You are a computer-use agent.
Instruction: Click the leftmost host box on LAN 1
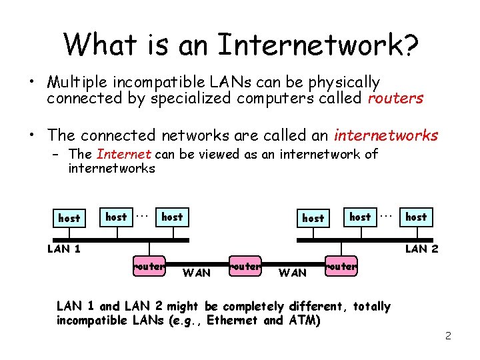tap(69, 218)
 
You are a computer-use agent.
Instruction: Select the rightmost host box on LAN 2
tap(416, 217)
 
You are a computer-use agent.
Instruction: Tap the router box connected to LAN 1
tap(149, 266)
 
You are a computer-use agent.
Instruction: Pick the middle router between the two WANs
tap(245, 266)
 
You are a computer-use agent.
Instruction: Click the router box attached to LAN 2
tap(342, 266)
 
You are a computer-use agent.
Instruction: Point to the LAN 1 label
tap(64, 249)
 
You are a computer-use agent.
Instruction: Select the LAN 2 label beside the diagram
tap(421, 249)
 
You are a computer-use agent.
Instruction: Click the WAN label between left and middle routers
tap(196, 272)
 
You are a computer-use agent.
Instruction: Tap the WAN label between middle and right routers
tap(292, 272)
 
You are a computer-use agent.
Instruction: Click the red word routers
tap(395, 99)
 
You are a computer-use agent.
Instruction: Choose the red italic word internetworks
tap(386, 135)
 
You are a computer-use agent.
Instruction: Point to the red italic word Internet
tap(124, 154)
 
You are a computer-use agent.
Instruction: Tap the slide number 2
tap(448, 335)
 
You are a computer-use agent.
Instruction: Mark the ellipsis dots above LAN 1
tap(141, 215)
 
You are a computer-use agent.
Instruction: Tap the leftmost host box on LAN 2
tap(313, 218)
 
